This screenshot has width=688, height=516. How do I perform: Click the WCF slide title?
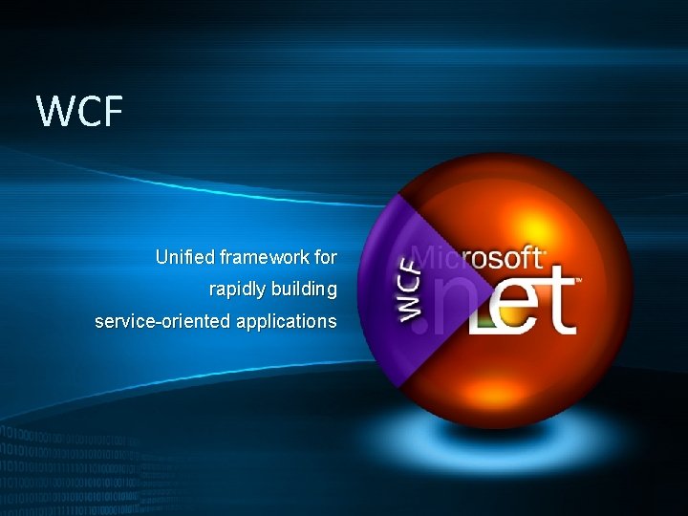pos(80,111)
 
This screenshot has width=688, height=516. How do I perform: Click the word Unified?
pos(184,257)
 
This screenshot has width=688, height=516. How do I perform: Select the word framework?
pos(265,257)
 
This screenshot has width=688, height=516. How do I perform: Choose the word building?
pos(306,289)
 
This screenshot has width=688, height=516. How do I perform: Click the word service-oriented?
pos(161,321)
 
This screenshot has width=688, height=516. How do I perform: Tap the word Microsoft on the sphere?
pos(478,258)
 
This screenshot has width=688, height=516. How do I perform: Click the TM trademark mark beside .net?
pos(579,281)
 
